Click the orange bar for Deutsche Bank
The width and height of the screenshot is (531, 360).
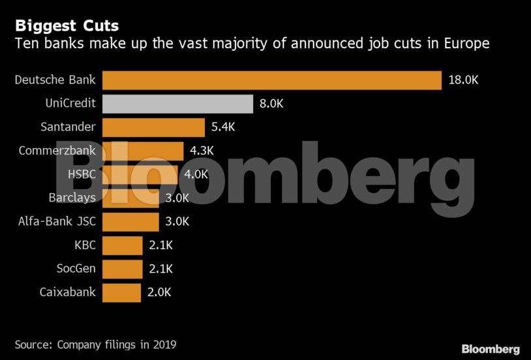[x=272, y=80]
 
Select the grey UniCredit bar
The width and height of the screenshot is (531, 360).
[x=177, y=104]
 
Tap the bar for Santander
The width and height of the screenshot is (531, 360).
[x=153, y=127]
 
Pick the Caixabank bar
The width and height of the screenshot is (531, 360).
[x=121, y=292]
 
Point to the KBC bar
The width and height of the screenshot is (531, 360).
[x=122, y=245]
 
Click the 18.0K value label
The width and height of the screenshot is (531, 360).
[x=464, y=80]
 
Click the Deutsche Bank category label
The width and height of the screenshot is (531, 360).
[x=55, y=80]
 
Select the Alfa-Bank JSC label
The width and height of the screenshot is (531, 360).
[x=57, y=222]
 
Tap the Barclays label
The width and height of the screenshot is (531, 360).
[x=72, y=198]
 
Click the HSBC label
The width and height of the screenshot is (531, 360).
[x=82, y=174]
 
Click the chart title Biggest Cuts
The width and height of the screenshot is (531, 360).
[x=67, y=26]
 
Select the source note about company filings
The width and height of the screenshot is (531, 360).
[x=95, y=344]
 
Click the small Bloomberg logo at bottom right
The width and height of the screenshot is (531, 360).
[x=490, y=349]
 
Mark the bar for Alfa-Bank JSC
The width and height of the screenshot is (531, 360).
[x=130, y=222]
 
